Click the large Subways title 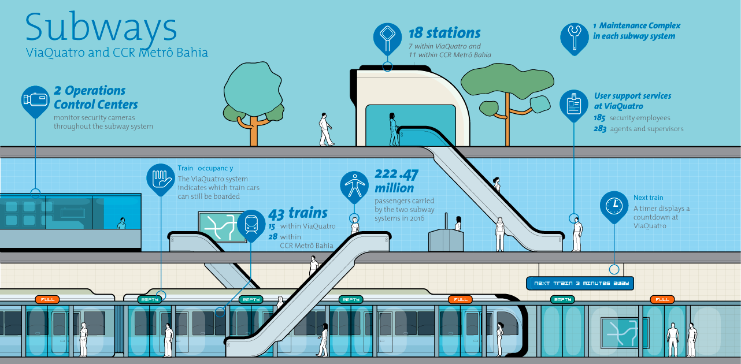[101, 27]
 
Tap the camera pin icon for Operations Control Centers [35, 99]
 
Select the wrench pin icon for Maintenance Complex [573, 36]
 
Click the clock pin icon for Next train [614, 205]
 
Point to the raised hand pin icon [160, 178]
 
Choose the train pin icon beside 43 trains [251, 222]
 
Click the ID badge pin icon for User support [573, 103]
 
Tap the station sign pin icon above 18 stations [387, 37]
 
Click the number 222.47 [397, 174]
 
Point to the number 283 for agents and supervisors [599, 129]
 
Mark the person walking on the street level [326, 129]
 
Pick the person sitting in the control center [121, 224]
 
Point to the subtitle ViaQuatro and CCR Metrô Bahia [117, 53]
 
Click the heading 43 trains [298, 213]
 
